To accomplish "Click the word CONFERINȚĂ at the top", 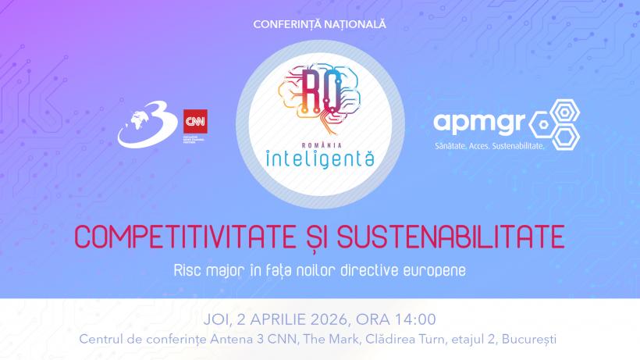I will point(286,24).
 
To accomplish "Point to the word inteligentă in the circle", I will point(319,157).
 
